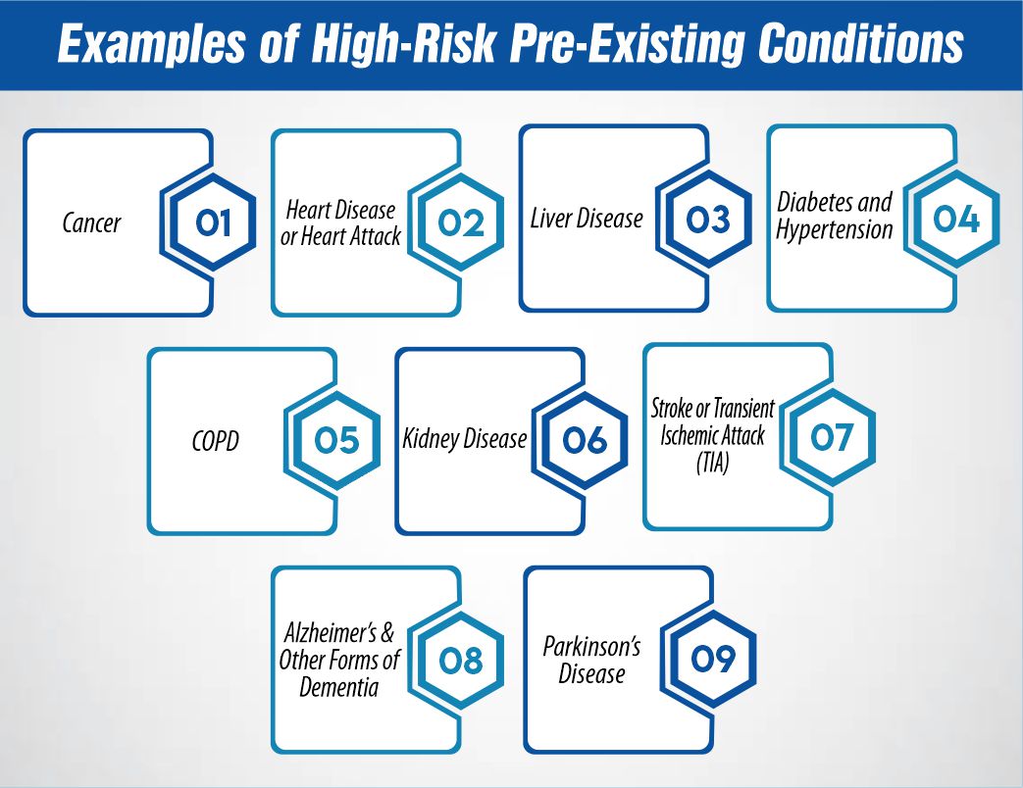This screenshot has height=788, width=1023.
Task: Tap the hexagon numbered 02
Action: (x=461, y=224)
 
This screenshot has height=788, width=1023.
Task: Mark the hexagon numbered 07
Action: (x=832, y=436)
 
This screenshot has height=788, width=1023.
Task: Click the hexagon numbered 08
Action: (x=461, y=661)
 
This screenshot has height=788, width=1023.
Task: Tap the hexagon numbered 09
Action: (x=713, y=659)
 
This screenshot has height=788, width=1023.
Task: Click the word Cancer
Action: (x=91, y=223)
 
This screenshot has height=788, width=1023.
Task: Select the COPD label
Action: (x=215, y=442)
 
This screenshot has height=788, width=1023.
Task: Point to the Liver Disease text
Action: (x=587, y=217)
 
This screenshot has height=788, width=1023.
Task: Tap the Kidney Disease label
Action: (x=465, y=439)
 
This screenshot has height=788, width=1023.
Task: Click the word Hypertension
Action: (x=835, y=230)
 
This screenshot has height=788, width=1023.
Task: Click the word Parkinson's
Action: (x=591, y=647)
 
